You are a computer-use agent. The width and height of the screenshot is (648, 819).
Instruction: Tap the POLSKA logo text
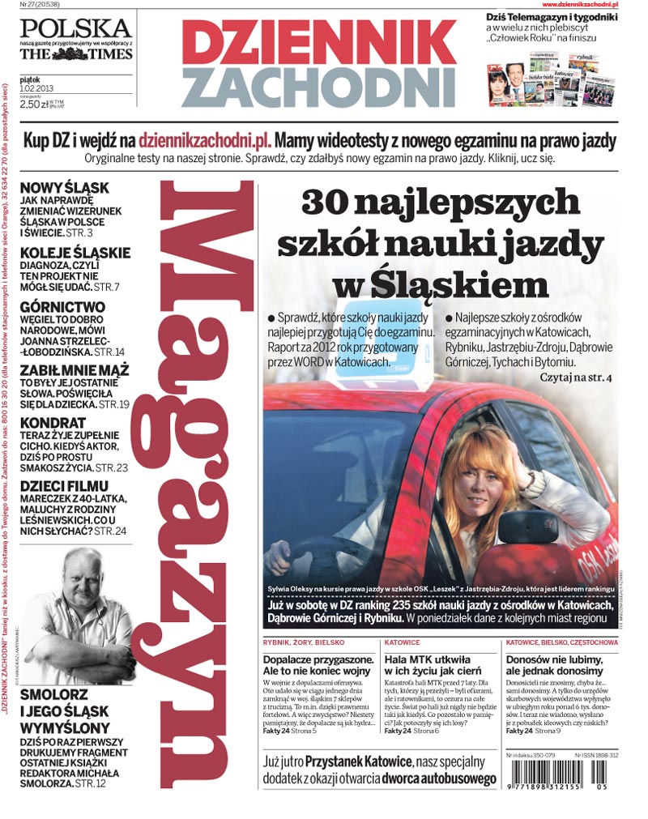[74, 28]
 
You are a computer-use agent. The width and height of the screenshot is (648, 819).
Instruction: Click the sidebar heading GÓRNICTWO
[62, 307]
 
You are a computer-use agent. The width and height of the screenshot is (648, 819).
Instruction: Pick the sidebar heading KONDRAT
[53, 423]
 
